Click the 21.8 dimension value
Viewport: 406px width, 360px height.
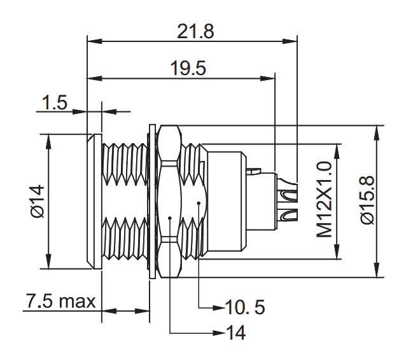pyautogui.click(x=195, y=31)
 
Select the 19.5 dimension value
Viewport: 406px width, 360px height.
pyautogui.click(x=188, y=68)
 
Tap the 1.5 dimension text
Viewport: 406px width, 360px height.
pyautogui.click(x=55, y=102)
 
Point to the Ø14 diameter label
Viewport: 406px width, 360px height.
pyautogui.click(x=38, y=201)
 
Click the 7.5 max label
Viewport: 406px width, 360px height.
pyautogui.click(x=61, y=301)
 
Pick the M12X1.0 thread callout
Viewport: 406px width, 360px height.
pyautogui.click(x=324, y=199)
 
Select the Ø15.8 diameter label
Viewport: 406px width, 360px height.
pyautogui.click(x=367, y=200)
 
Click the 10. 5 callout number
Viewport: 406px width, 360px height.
pyautogui.click(x=245, y=307)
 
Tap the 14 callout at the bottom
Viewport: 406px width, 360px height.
pyautogui.click(x=235, y=333)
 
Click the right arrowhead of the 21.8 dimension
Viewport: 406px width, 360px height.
pyautogui.click(x=290, y=41)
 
